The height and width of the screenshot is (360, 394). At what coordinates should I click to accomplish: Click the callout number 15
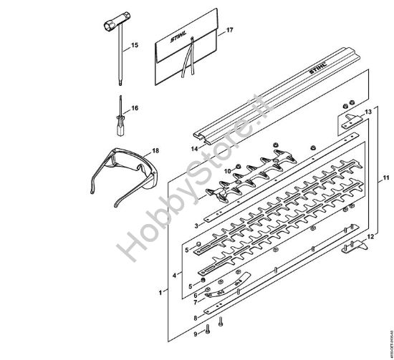135,46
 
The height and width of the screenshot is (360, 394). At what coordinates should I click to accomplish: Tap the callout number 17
229,31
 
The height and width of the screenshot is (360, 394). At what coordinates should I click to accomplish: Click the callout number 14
193,148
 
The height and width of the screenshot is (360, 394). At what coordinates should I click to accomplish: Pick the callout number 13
368,112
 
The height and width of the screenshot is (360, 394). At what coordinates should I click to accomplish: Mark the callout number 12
370,236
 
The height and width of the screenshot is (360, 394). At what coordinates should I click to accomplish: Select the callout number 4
176,274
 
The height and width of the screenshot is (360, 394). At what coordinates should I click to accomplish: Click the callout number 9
194,334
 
